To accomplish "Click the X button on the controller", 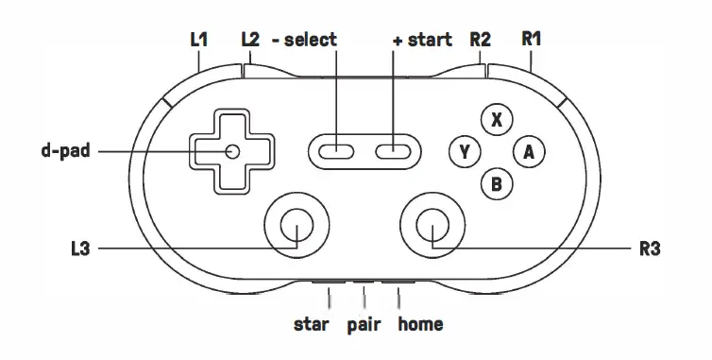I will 497,120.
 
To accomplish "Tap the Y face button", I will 464,151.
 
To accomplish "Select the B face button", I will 497,183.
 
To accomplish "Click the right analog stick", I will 432,226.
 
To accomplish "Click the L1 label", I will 198,40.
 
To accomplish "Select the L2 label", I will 250,40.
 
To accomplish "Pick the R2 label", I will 480,40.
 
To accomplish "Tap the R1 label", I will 532,40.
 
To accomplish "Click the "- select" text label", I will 304,40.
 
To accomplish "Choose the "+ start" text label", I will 424,40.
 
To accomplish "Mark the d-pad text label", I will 65,150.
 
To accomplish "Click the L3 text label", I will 81,249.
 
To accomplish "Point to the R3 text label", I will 649,249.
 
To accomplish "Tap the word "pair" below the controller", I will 364,325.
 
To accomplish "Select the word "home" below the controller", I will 420,325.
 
